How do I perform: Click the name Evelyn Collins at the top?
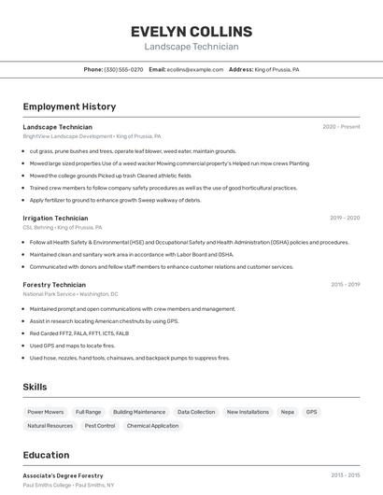[x=191, y=32]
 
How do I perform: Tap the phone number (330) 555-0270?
[x=123, y=69]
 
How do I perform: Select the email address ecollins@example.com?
[x=196, y=69]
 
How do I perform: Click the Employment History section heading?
[x=69, y=106]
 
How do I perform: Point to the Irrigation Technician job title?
[x=55, y=218]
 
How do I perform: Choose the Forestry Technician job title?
[x=54, y=285]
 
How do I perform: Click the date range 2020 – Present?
[x=341, y=127]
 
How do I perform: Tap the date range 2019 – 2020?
[x=345, y=218]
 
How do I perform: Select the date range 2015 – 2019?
[x=345, y=285]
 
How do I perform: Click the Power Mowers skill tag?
[x=46, y=412]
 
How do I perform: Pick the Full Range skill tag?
[x=88, y=412]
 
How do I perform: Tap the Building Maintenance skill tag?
[x=139, y=412]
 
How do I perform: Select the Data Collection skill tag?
[x=196, y=412]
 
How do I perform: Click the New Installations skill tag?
[x=248, y=412]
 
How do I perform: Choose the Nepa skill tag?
[x=288, y=412]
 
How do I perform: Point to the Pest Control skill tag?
[x=100, y=426]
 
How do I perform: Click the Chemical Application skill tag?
[x=152, y=426]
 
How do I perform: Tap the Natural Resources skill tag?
[x=50, y=426]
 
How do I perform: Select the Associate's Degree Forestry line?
[x=63, y=475]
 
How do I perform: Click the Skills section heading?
[x=35, y=387]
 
